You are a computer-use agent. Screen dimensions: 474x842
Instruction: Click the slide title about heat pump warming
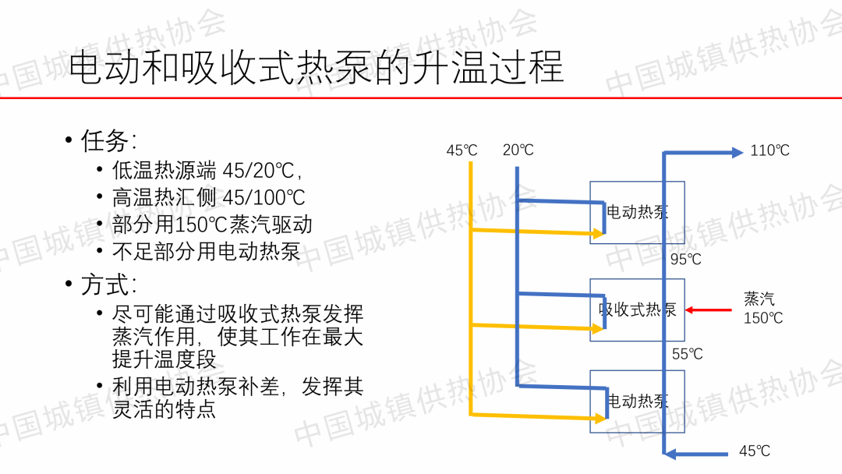pyautogui.click(x=316, y=68)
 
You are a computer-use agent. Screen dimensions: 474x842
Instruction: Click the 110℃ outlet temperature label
pyautogui.click(x=769, y=150)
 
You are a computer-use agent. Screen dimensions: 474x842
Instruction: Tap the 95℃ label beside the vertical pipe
pyautogui.click(x=686, y=260)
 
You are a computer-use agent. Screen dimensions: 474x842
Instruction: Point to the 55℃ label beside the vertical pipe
pyautogui.click(x=688, y=354)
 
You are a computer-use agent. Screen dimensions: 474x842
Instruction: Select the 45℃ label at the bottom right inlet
pyautogui.click(x=755, y=451)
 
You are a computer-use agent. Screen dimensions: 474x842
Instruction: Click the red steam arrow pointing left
pyautogui.click(x=709, y=310)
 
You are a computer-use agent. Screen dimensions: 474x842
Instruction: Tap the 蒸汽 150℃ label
pyautogui.click(x=762, y=309)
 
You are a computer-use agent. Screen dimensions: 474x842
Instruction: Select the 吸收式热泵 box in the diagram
pyautogui.click(x=637, y=310)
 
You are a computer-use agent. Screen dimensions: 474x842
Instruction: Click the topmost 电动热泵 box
pyautogui.click(x=637, y=212)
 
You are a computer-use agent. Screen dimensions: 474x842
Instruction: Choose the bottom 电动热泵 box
pyautogui.click(x=637, y=401)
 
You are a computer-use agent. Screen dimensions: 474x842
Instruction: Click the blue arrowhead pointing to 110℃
pyautogui.click(x=737, y=153)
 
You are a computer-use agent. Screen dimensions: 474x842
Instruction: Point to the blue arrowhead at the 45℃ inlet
pyautogui.click(x=670, y=453)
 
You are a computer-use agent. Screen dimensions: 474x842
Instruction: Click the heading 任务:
pyautogui.click(x=109, y=140)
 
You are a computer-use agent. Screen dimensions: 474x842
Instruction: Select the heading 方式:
pyautogui.click(x=109, y=284)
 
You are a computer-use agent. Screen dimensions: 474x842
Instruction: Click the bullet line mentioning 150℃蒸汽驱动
pyautogui.click(x=212, y=225)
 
